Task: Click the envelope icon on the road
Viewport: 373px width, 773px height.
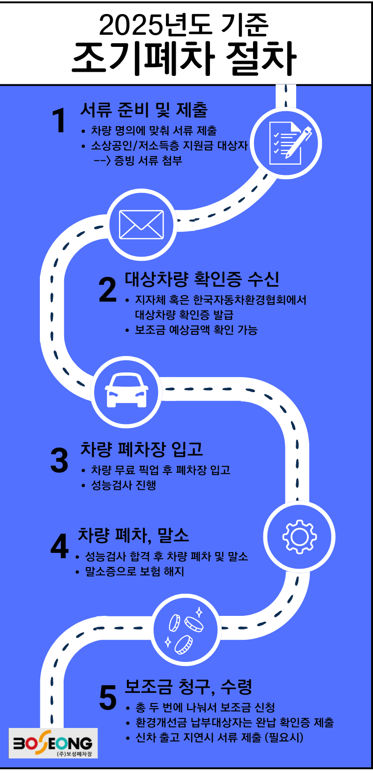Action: coord(142,225)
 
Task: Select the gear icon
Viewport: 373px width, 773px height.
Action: coord(299,536)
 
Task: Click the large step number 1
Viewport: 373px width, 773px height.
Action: coord(59,121)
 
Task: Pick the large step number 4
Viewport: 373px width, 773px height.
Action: coord(60,546)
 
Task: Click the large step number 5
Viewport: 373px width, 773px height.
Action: coord(108,698)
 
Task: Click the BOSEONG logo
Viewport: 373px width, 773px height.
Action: coord(53,743)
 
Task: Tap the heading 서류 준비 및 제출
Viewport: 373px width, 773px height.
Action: coord(144,110)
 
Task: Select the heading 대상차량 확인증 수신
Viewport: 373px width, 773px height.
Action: coord(202,279)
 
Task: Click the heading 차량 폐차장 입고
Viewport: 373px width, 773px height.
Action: coord(142,449)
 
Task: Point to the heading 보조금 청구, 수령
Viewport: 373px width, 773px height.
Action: coord(188,687)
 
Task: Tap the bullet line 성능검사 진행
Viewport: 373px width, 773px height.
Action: coord(124,485)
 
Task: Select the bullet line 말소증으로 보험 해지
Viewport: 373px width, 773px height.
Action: coord(134,571)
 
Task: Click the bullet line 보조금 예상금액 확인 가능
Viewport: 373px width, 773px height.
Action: coord(196,330)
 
